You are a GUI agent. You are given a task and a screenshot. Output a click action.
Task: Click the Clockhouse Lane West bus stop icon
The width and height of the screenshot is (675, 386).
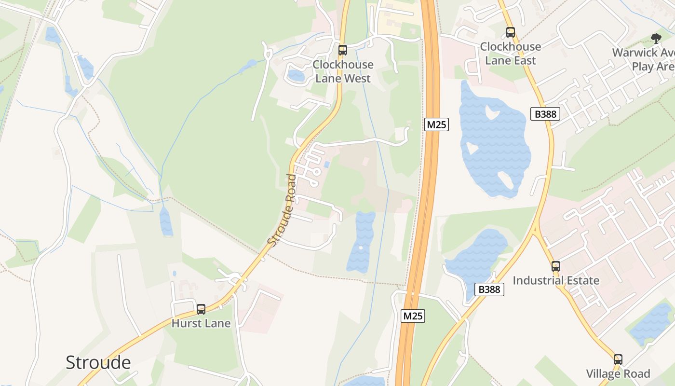pyautogui.click(x=343, y=50)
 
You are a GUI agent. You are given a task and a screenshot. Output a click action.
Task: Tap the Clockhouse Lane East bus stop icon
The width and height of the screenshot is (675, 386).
pyautogui.click(x=511, y=32)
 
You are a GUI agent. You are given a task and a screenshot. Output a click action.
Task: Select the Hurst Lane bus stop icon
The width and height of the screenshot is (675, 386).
pyautogui.click(x=201, y=309)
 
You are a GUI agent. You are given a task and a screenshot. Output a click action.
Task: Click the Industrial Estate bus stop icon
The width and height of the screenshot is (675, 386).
pyautogui.click(x=556, y=266)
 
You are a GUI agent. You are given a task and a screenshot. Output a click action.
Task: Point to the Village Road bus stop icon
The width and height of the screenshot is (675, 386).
pyautogui.click(x=618, y=359)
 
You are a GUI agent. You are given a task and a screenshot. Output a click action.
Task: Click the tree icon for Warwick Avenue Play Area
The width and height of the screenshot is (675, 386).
pyautogui.click(x=656, y=38)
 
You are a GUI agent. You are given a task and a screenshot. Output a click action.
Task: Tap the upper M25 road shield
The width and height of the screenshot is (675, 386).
pyautogui.click(x=437, y=124)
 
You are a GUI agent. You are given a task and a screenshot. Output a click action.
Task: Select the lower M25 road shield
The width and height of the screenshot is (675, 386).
pyautogui.click(x=413, y=316)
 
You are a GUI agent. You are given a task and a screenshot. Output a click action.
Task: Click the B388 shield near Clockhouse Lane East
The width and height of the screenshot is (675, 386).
pyautogui.click(x=546, y=114)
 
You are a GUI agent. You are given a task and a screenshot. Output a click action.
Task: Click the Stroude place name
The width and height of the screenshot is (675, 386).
pyautogui.click(x=98, y=362)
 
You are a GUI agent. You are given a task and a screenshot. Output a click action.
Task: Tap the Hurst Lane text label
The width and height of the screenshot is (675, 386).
pyautogui.click(x=201, y=323)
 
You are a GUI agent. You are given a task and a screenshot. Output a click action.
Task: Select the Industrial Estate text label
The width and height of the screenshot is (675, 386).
pyautogui.click(x=556, y=280)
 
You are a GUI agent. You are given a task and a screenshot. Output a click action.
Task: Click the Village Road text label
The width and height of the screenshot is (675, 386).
pyautogui.click(x=618, y=373)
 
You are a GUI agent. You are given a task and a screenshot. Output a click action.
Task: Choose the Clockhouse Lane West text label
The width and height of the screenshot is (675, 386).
pyautogui.click(x=343, y=71)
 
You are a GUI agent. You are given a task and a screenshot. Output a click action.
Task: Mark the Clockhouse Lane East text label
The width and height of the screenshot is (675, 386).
pyautogui.click(x=511, y=54)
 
